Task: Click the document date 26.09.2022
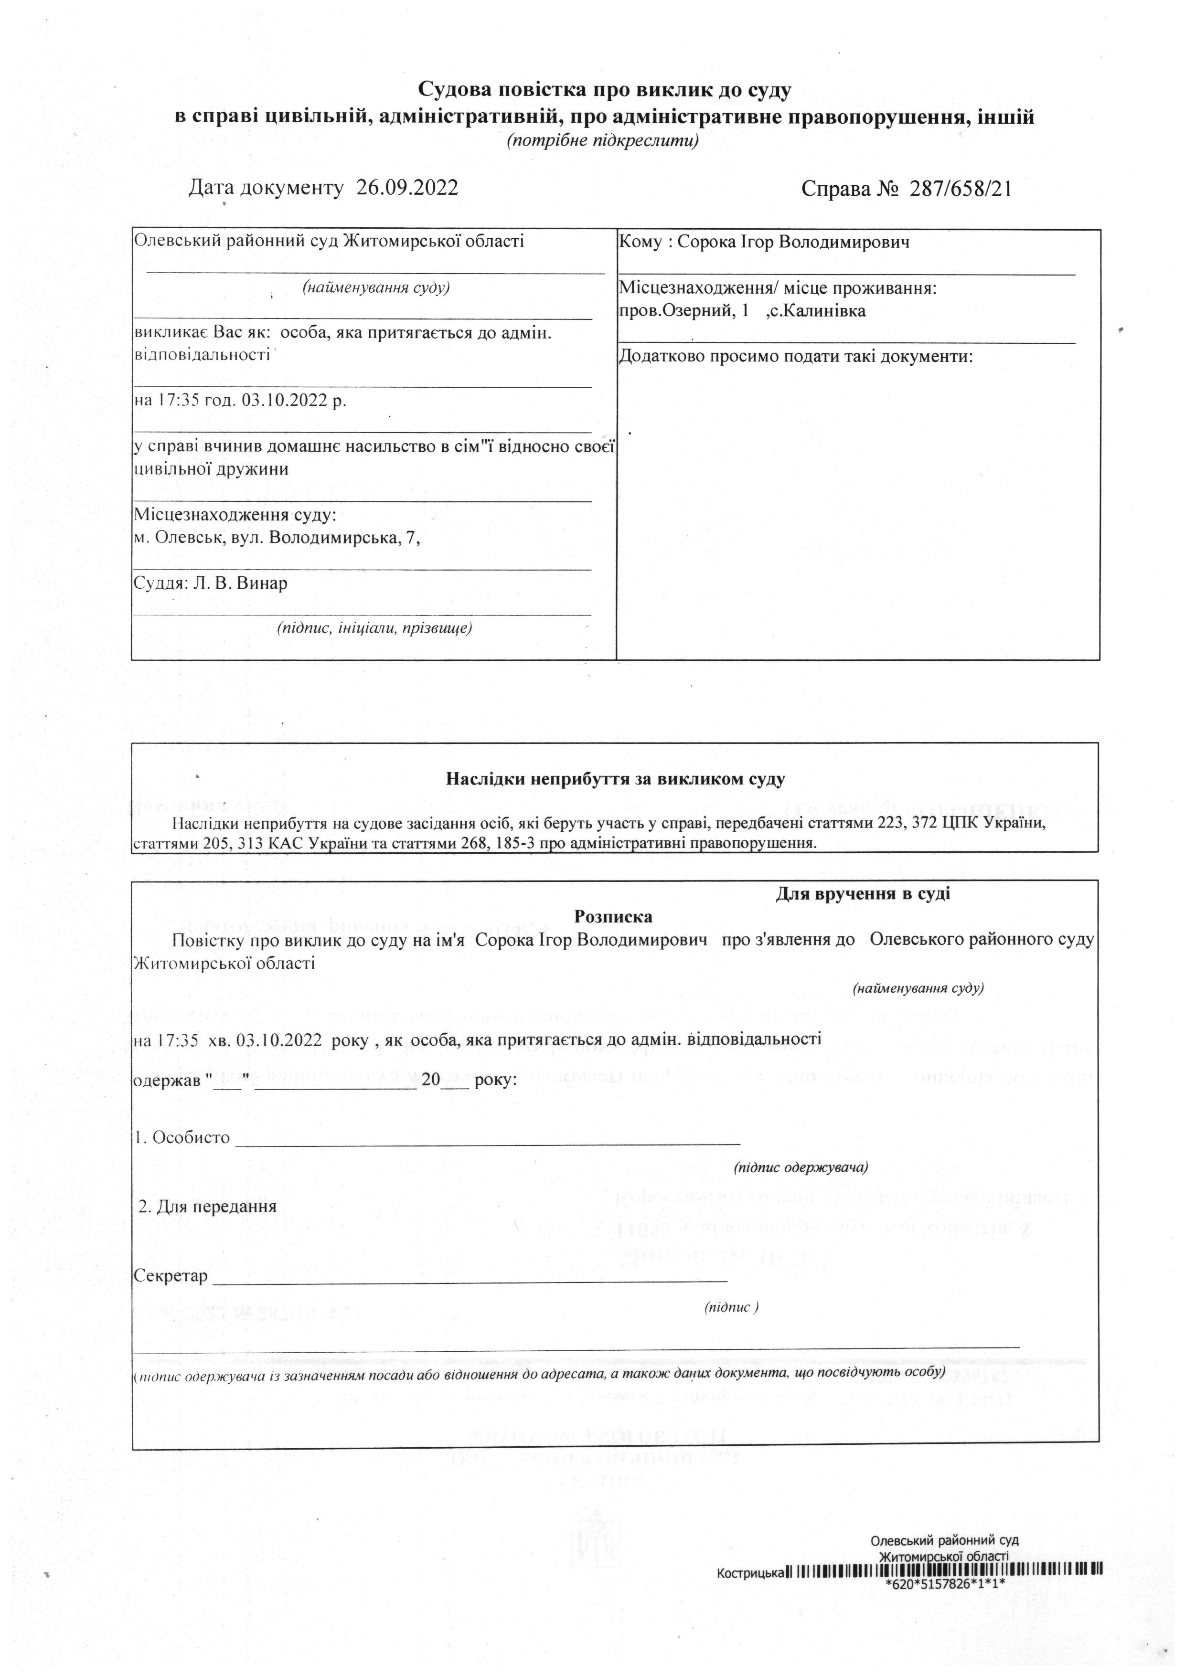tap(407, 188)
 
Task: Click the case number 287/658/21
tap(960, 189)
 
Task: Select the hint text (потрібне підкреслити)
tap(603, 141)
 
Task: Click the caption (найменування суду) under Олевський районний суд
tap(376, 287)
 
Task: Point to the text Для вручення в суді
tap(863, 894)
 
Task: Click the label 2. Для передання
tap(208, 1206)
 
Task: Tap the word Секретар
tap(171, 1277)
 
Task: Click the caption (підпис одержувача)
tap(801, 1167)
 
